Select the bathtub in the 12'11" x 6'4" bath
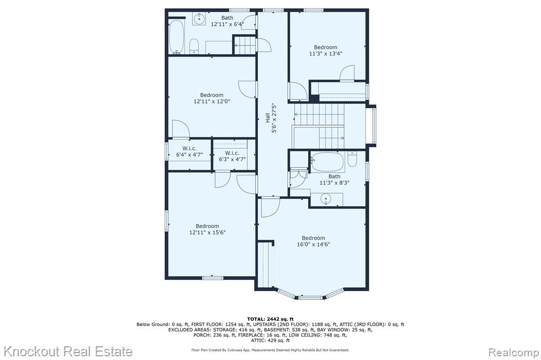pyautogui.click(x=176, y=37)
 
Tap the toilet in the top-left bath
pyautogui.click(x=194, y=46)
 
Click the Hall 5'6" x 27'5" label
pyautogui.click(x=271, y=118)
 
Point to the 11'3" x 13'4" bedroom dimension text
pyautogui.click(x=325, y=54)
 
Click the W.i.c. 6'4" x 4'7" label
pyautogui.click(x=190, y=151)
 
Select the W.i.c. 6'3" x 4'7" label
pyautogui.click(x=232, y=156)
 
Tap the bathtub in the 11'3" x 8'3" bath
pyautogui.click(x=328, y=162)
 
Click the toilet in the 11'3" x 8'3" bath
pyautogui.click(x=352, y=159)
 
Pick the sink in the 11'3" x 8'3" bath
pyautogui.click(x=325, y=200)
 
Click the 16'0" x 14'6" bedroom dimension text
pyautogui.click(x=313, y=244)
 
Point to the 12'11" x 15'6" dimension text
pyautogui.click(x=207, y=233)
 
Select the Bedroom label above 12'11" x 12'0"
pyautogui.click(x=211, y=95)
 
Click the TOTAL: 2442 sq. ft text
pyautogui.click(x=270, y=319)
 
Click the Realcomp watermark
pyautogui.click(x=514, y=353)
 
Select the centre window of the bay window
pyautogui.click(x=310, y=297)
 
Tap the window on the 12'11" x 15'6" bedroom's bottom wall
pyautogui.click(x=212, y=278)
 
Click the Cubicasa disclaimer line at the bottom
pyautogui.click(x=270, y=350)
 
